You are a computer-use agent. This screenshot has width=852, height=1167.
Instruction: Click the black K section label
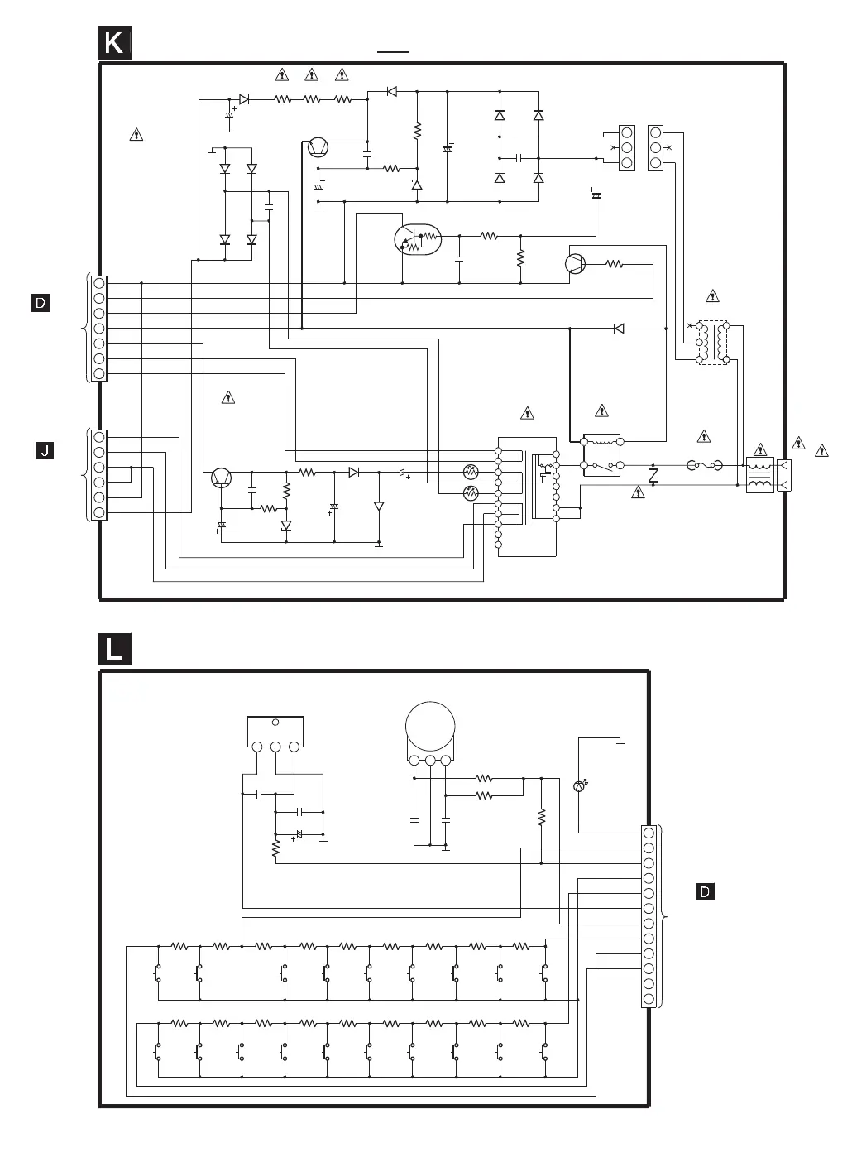pyautogui.click(x=114, y=43)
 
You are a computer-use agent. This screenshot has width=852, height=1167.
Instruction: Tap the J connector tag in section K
pyautogui.click(x=45, y=450)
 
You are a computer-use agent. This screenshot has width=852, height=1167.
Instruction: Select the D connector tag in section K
pyautogui.click(x=41, y=303)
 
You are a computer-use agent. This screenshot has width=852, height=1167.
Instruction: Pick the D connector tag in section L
pyautogui.click(x=705, y=891)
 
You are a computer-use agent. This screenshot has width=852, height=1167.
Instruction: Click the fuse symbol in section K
pyautogui.click(x=705, y=466)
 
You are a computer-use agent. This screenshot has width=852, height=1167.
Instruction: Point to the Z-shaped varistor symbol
pyautogui.click(x=653, y=475)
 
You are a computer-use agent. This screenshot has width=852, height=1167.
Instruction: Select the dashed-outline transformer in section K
pyautogui.click(x=712, y=343)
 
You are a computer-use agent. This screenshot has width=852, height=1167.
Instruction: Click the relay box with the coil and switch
pyautogui.click(x=602, y=454)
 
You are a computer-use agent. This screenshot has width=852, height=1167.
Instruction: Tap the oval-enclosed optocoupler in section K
pyautogui.click(x=418, y=239)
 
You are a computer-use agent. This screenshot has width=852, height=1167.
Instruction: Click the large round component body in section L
pyautogui.click(x=430, y=727)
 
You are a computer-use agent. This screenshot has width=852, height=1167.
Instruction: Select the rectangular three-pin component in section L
pyautogui.click(x=275, y=732)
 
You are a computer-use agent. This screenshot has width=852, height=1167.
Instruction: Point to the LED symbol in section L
pyautogui.click(x=579, y=785)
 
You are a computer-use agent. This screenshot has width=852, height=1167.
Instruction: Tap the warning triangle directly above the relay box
pyautogui.click(x=601, y=411)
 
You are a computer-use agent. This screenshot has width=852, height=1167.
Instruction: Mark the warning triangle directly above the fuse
pyautogui.click(x=704, y=436)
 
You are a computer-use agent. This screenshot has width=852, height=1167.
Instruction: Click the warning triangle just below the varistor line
pyautogui.click(x=638, y=492)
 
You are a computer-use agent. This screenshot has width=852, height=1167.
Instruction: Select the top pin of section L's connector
pyautogui.click(x=649, y=833)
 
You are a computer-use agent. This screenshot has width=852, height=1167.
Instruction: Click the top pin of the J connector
pyautogui.click(x=99, y=436)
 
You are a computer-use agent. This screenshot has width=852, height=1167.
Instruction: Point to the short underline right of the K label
pyautogui.click(x=394, y=51)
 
